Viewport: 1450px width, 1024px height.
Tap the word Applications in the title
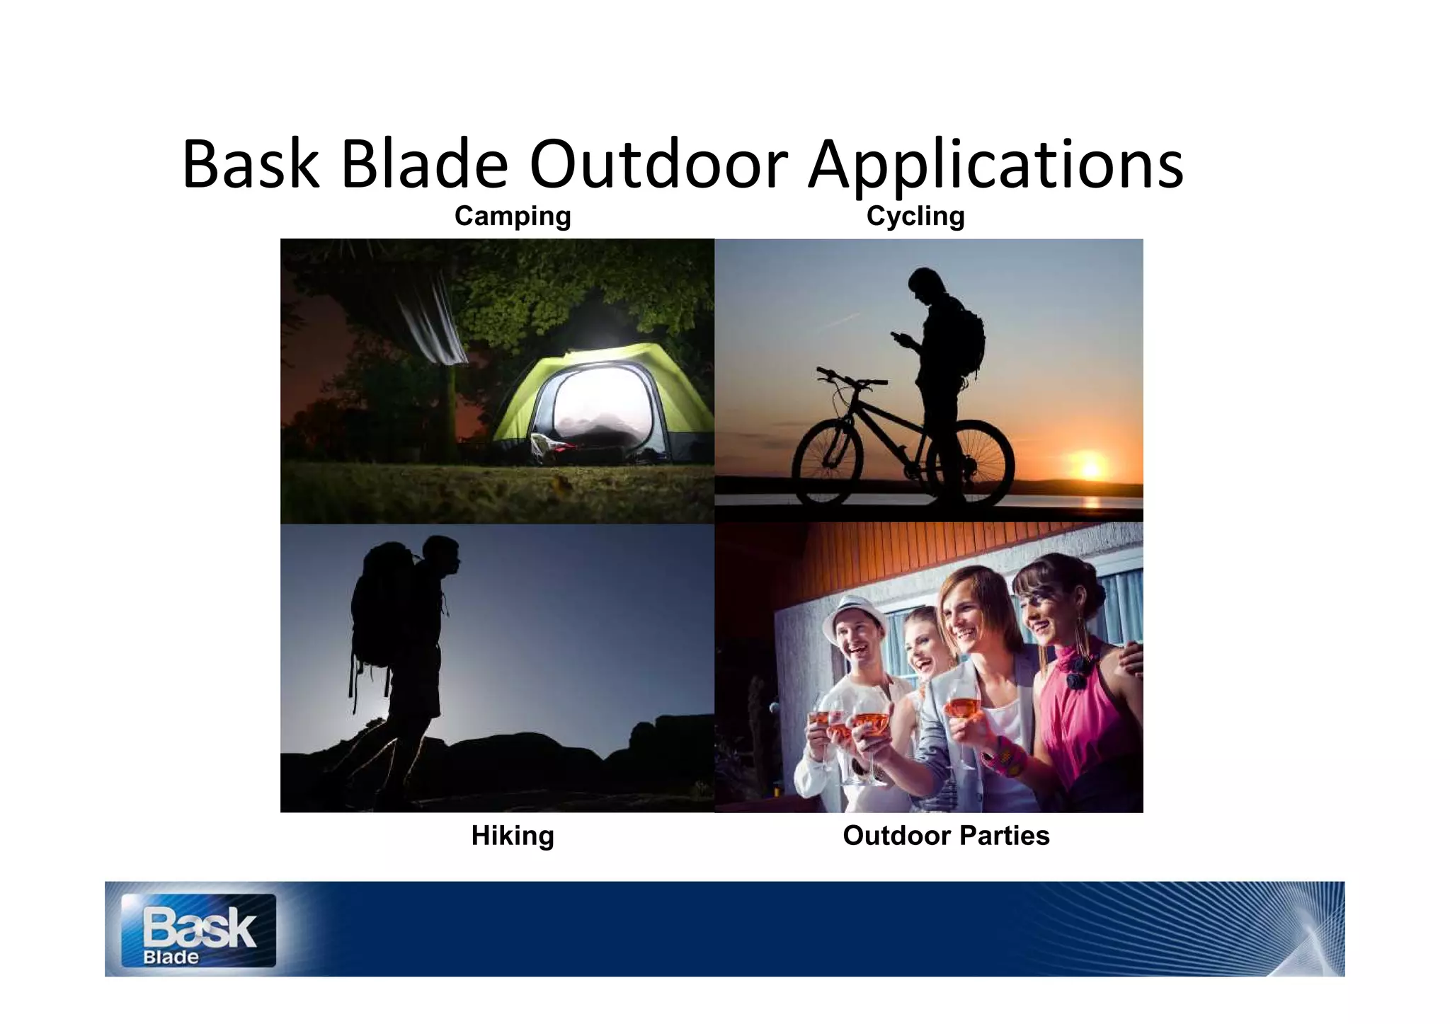(995, 166)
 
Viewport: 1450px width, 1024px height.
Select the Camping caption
(513, 216)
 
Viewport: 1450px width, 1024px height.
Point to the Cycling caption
(915, 216)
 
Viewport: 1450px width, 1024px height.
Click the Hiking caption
(513, 836)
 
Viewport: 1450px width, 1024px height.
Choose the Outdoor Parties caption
(946, 836)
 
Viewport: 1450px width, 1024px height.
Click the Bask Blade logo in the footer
(198, 931)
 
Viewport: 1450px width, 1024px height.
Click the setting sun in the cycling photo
(1091, 468)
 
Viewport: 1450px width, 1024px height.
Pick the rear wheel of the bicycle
(974, 464)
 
